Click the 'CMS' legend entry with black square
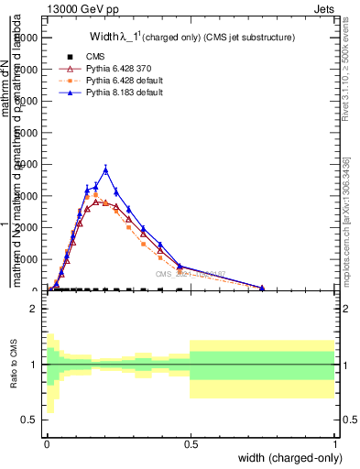coord(82,56)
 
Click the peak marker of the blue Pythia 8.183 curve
coord(106,169)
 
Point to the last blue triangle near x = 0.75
coord(262,288)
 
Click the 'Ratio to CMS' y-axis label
coord(14,365)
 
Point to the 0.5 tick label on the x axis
coord(190,443)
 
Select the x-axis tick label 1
coord(334,443)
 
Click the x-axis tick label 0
coord(47,443)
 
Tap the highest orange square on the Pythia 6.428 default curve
coord(96,194)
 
